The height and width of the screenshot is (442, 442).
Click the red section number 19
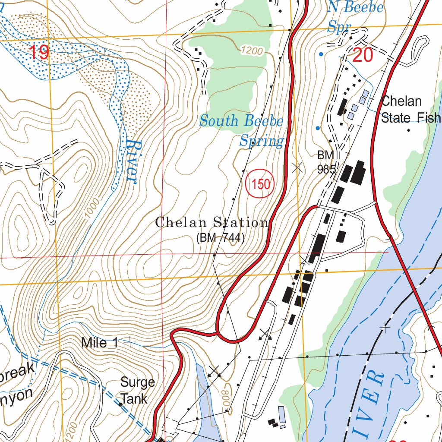click(39, 53)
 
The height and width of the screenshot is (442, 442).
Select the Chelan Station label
click(212, 223)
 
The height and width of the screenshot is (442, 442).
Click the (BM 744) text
click(220, 237)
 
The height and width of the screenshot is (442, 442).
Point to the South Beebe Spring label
click(242, 130)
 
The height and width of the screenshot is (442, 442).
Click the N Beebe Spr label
click(355, 17)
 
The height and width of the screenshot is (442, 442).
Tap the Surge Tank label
click(137, 390)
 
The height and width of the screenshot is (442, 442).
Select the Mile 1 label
click(100, 343)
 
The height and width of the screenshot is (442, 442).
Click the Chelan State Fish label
click(410, 109)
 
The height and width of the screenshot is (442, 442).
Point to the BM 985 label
click(326, 162)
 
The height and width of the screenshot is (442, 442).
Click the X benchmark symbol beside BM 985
click(297, 168)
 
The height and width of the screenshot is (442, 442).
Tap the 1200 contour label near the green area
click(252, 51)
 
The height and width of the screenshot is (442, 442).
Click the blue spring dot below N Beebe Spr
click(320, 54)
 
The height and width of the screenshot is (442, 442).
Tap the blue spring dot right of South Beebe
click(318, 128)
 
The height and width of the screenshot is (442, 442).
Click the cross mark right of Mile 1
click(129, 342)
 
